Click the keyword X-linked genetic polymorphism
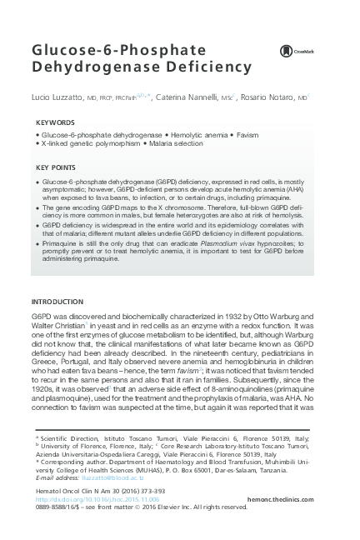(x=89, y=144)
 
